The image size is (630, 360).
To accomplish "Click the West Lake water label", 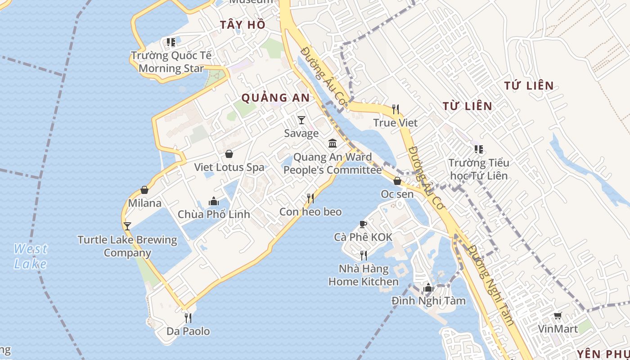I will (30, 256).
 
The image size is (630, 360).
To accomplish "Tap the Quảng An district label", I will (275, 98).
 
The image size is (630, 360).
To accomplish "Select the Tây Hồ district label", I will (243, 25).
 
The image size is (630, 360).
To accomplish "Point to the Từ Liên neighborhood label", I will (467, 106).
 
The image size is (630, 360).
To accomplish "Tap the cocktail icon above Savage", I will (301, 120).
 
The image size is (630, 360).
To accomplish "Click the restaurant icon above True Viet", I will (396, 109).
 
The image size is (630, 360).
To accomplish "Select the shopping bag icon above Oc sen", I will (397, 181).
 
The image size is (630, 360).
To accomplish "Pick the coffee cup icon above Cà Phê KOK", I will (363, 224).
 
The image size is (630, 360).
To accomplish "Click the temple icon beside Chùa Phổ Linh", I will (214, 201).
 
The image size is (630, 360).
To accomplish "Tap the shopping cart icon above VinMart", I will (558, 316).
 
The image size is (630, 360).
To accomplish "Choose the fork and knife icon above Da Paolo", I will (188, 318).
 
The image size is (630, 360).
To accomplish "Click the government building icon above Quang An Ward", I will (333, 144).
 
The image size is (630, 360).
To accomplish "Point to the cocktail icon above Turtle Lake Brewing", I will (127, 226).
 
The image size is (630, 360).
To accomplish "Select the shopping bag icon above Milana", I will (144, 190).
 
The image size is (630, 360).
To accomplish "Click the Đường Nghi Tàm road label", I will (490, 285).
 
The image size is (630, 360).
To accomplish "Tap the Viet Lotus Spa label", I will (229, 167).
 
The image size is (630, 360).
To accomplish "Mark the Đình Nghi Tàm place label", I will (428, 301).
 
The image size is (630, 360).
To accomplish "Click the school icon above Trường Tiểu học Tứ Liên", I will (478, 149).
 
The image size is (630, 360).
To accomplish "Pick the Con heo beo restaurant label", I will (310, 212).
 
